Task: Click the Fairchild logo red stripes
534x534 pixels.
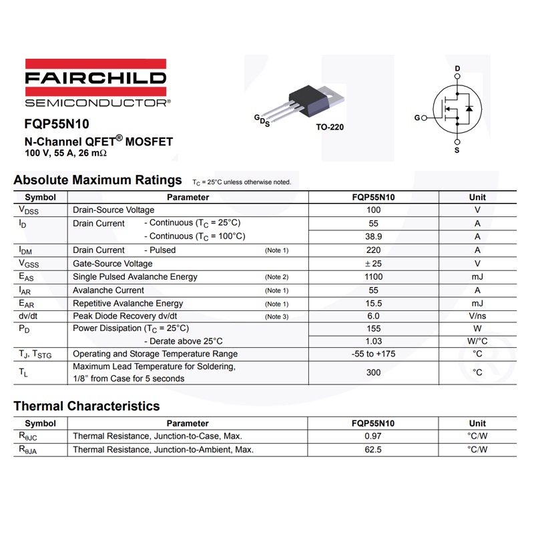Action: coord(95,63)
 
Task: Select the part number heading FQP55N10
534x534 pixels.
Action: coord(57,123)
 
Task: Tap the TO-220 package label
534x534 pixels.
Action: coord(330,127)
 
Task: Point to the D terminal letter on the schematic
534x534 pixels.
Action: coord(457,69)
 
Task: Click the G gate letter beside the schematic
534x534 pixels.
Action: coord(417,117)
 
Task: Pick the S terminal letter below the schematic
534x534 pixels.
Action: coord(457,150)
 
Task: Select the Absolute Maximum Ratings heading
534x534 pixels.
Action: coord(97,180)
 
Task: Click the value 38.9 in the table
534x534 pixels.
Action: coord(374,236)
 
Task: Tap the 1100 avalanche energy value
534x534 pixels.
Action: coord(374,276)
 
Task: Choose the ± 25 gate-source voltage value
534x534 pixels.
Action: coord(374,264)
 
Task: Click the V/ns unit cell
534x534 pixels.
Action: coord(477,316)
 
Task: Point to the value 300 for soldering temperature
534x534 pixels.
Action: coord(374,372)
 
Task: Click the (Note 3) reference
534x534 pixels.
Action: coord(276,316)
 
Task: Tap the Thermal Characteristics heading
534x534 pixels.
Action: coord(87,406)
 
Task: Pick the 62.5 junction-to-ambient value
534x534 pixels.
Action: coord(374,450)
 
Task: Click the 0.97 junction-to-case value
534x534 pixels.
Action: coord(374,436)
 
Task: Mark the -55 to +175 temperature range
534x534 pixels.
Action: coord(374,354)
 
